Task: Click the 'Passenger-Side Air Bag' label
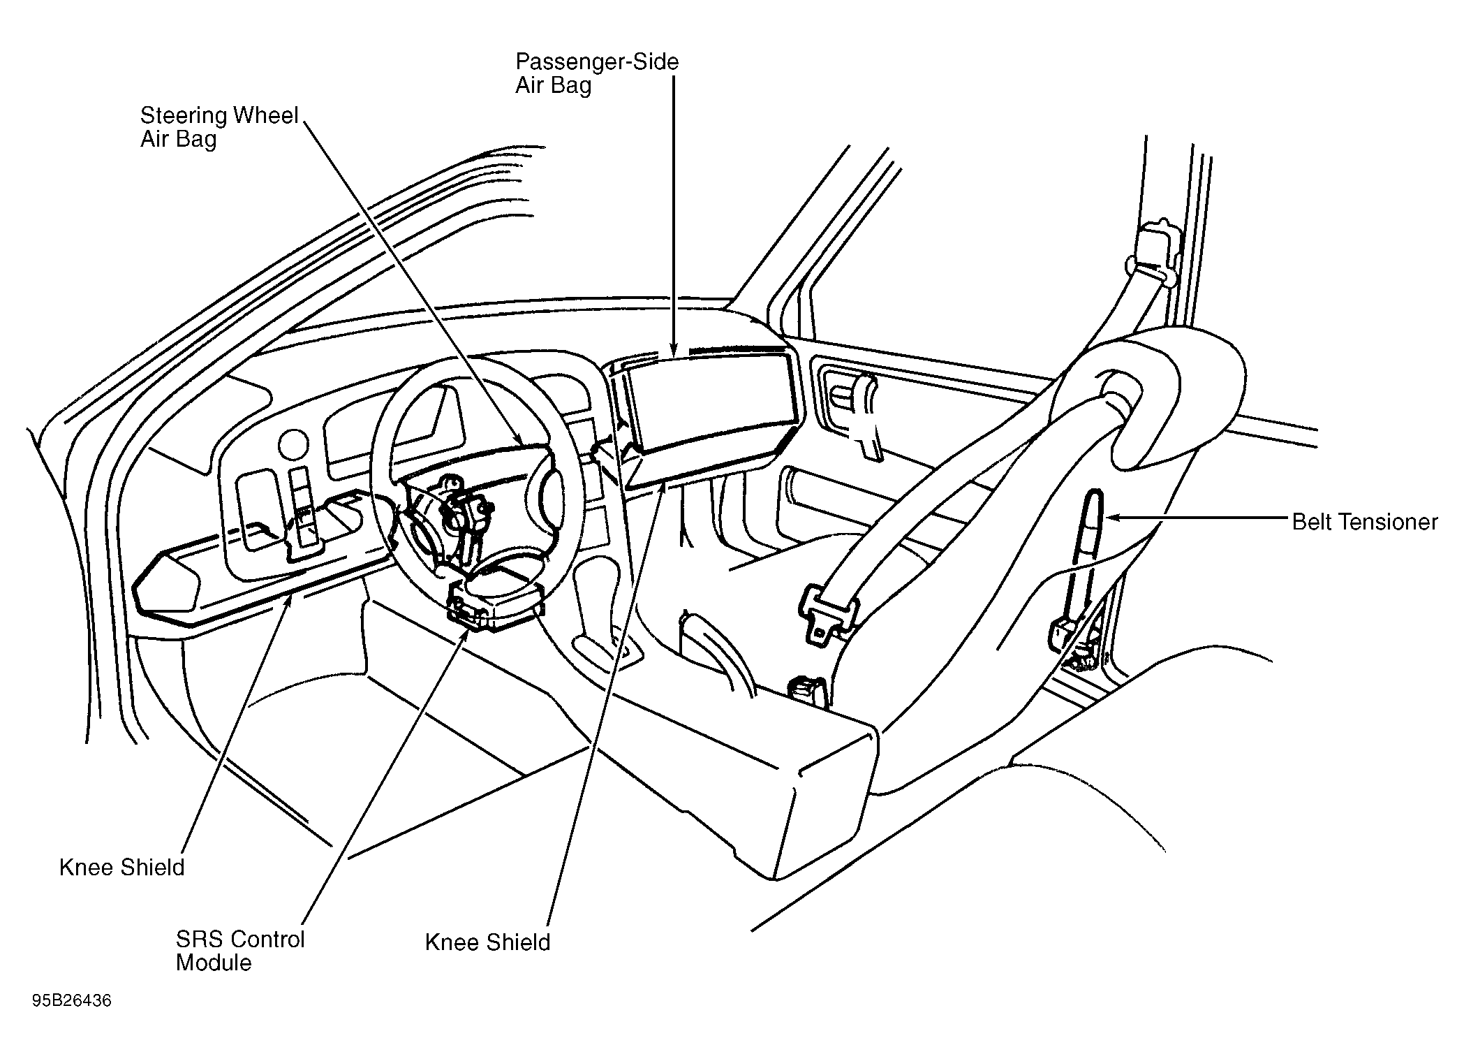597,73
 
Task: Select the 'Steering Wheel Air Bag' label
219,127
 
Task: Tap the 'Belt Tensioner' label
1364,522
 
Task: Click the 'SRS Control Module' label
240,951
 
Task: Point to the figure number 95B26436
71,1001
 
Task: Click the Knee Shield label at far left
122,868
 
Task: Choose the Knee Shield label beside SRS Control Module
487,942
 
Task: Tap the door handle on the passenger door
866,416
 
